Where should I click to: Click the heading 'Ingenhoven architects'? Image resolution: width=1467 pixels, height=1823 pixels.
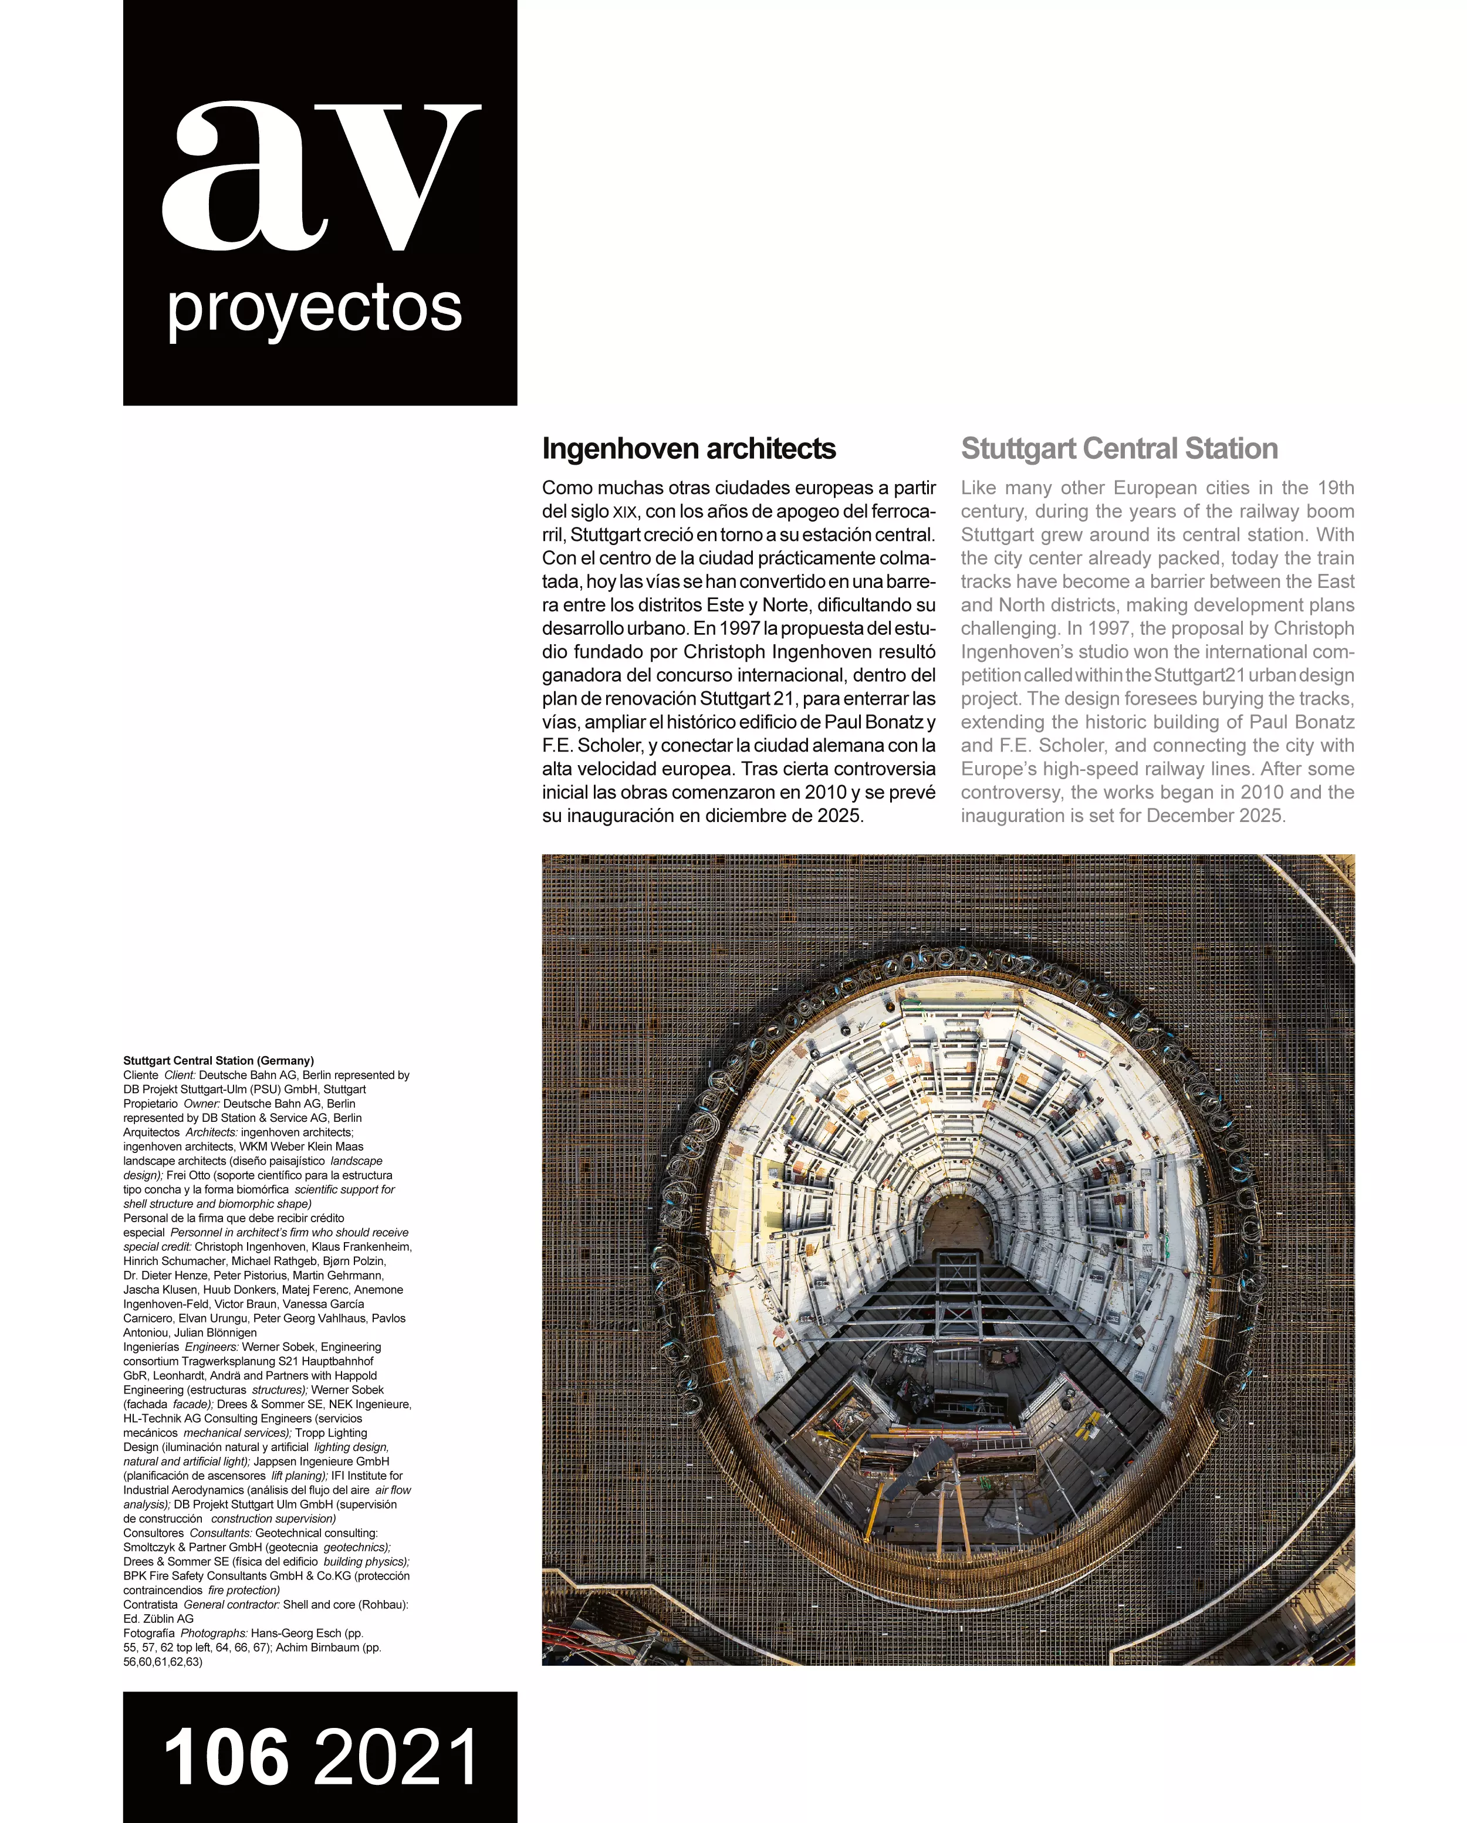click(x=688, y=449)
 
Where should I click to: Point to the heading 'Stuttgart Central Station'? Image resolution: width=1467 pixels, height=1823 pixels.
click(x=1118, y=449)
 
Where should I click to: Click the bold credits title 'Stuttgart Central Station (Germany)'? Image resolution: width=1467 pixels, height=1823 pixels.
click(x=218, y=1060)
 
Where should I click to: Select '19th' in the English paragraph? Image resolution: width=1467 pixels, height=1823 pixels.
click(x=1335, y=488)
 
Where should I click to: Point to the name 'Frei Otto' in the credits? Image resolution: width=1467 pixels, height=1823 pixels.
click(x=190, y=1175)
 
